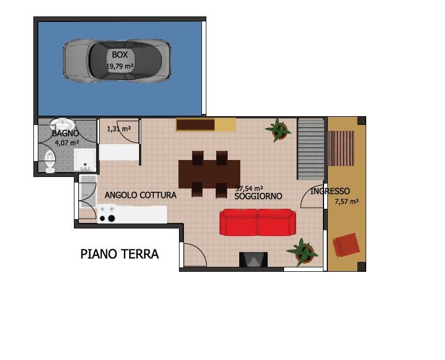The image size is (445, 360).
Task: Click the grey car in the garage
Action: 117,61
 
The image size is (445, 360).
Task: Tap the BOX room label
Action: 119,55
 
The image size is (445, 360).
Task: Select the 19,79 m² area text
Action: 120,66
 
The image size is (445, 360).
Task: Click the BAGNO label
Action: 65,133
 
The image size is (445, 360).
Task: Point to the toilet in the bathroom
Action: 50,161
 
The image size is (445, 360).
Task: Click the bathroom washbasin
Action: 62,124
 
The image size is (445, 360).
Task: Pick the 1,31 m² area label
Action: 119,129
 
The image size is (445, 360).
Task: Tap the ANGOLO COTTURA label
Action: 141,195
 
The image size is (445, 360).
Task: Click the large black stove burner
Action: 112,218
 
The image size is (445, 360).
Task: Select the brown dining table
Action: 210,174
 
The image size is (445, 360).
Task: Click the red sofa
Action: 258,222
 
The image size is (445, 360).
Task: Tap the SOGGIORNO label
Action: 258,196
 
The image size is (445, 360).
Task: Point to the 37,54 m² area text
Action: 249,188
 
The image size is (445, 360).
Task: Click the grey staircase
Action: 311,149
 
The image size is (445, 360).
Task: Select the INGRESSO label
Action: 330,191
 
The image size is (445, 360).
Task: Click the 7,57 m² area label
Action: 346,202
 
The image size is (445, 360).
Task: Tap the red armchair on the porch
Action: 346,245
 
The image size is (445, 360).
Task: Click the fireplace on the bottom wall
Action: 253,259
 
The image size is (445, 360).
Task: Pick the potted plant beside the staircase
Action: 279,130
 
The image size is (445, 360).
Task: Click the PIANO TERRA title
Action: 119,254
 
